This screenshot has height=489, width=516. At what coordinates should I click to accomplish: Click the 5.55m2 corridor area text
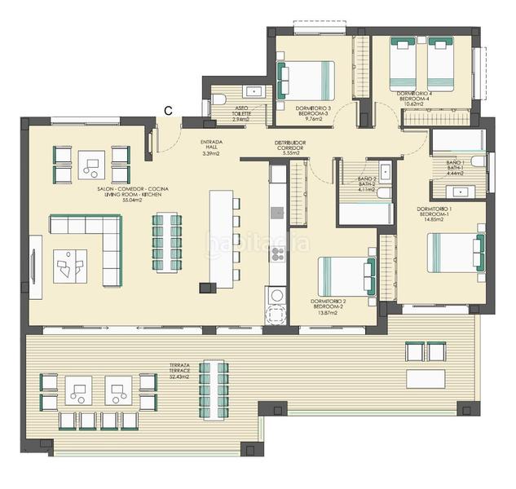point(290,152)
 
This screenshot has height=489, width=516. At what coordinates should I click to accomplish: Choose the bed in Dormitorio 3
point(307,81)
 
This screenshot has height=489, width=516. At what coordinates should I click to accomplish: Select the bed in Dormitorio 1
point(453,252)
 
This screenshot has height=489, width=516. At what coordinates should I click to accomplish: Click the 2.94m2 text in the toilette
point(240,119)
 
